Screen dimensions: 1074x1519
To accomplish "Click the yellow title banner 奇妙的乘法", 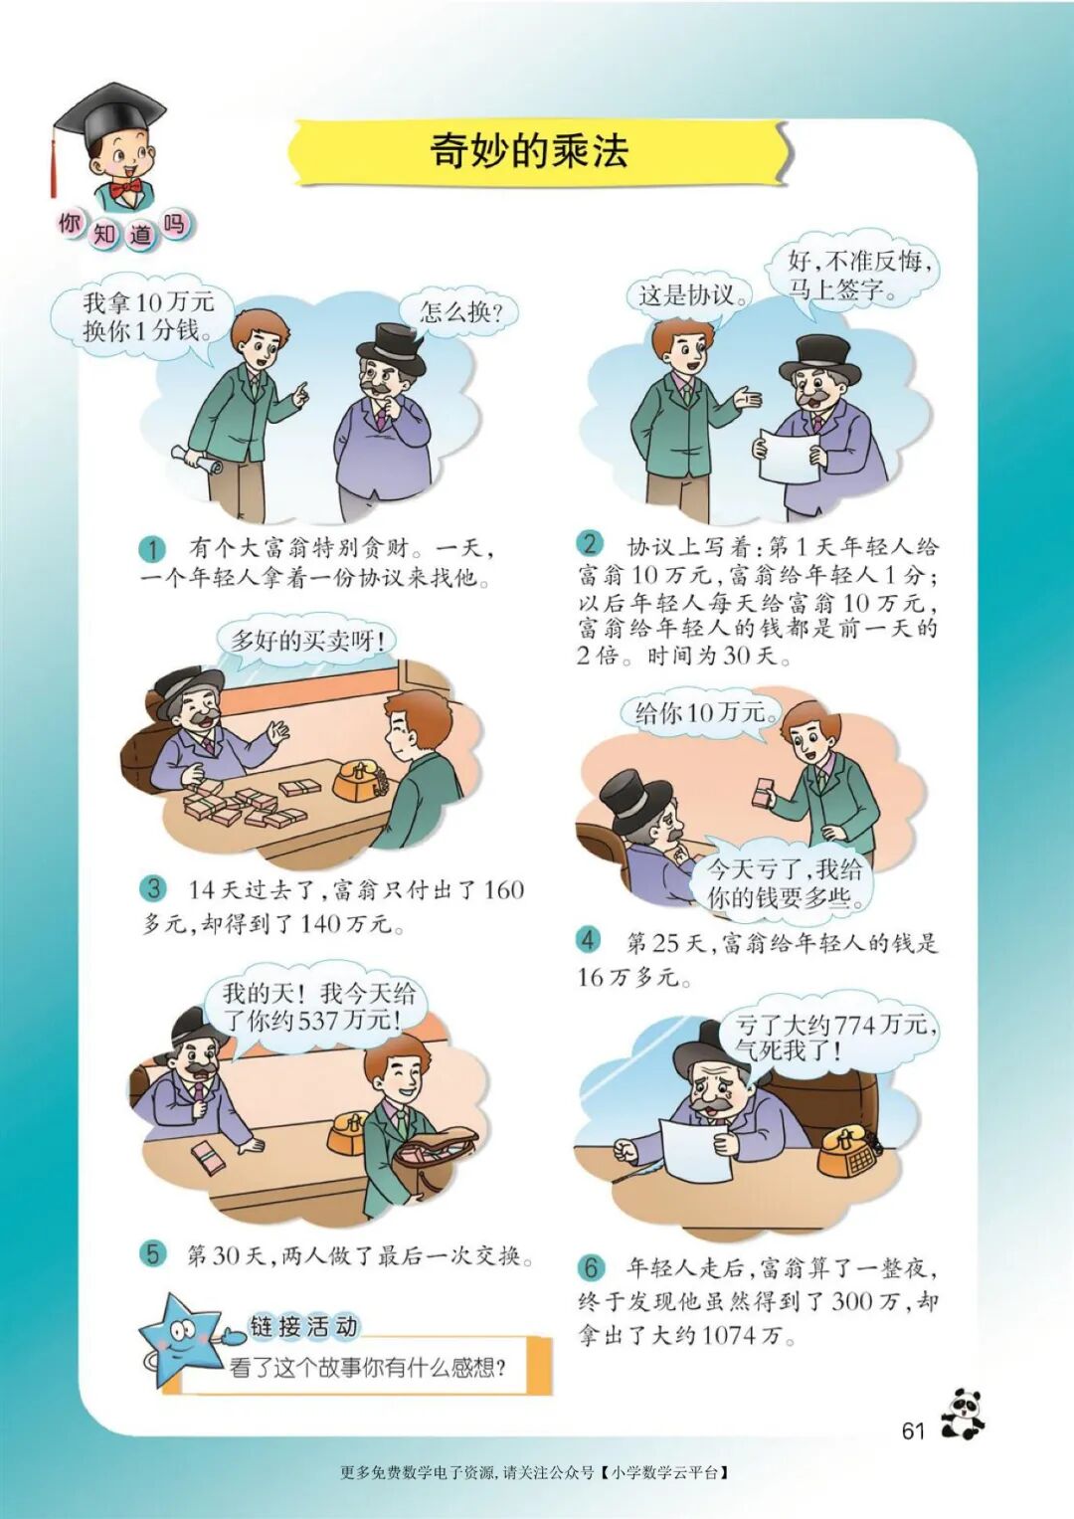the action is pyautogui.click(x=537, y=152).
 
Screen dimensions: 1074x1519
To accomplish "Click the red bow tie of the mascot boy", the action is pyautogui.click(x=128, y=187).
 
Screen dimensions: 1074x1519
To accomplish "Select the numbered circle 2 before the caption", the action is pyautogui.click(x=590, y=544).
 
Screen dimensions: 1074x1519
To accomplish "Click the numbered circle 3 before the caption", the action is pyautogui.click(x=153, y=889).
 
